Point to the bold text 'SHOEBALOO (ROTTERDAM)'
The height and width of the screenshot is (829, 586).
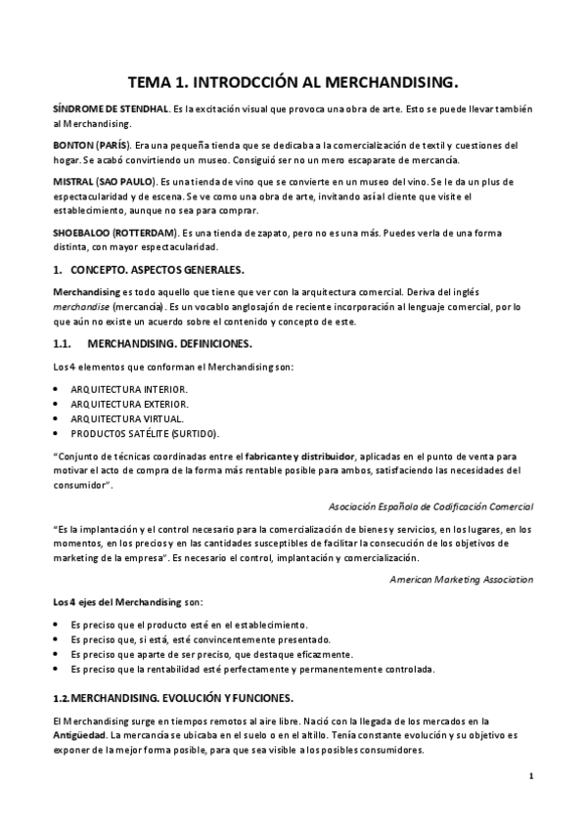(113, 234)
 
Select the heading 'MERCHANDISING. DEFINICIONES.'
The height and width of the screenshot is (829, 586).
(169, 344)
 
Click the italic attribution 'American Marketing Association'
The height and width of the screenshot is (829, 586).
(461, 579)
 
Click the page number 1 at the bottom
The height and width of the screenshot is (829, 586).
(529, 776)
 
